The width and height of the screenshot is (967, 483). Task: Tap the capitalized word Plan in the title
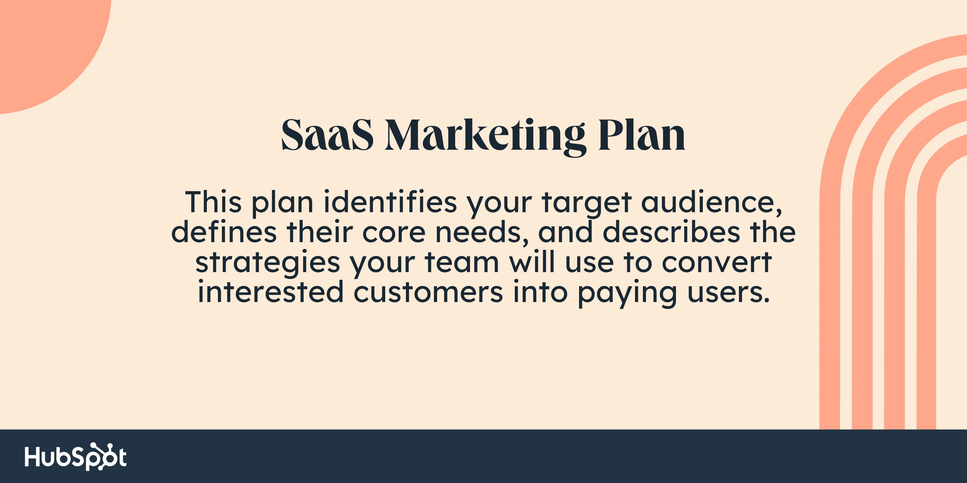point(641,135)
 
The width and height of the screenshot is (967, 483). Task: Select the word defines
point(224,232)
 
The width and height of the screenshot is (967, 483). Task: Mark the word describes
point(671,232)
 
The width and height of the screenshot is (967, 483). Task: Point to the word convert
point(717,263)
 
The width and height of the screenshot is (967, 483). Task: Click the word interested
point(271,292)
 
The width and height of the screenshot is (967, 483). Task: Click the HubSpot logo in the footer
point(75,456)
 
